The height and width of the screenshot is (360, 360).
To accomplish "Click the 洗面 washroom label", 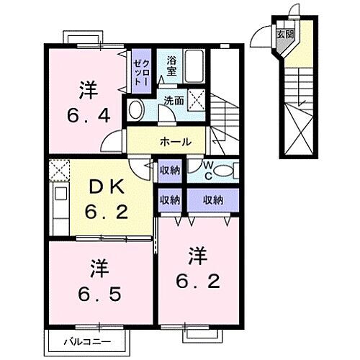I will point(173,100).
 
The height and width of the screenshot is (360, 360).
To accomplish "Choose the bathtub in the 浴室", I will point(194,67).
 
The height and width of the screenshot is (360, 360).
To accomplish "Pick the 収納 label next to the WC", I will point(169,171).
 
